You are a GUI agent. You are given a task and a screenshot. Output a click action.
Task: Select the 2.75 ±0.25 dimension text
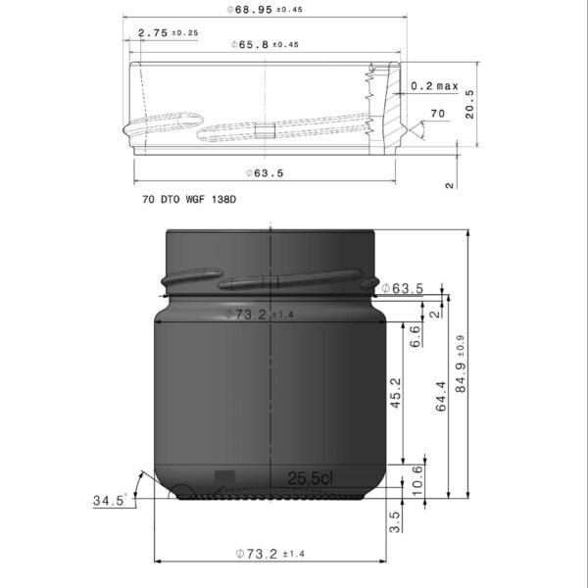[x=168, y=32]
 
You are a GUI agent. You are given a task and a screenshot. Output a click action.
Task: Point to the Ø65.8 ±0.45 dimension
[x=265, y=45]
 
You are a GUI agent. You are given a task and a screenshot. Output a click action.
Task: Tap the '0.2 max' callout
[x=434, y=86]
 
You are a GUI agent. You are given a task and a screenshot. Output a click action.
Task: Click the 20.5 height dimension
[x=470, y=104]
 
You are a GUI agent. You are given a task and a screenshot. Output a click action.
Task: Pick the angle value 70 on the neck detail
[x=437, y=115]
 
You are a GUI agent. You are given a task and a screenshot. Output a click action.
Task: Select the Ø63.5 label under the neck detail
[x=265, y=173]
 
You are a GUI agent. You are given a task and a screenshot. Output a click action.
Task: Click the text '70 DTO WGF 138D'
[x=189, y=199]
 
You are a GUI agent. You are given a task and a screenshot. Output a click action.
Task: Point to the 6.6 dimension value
[x=415, y=336]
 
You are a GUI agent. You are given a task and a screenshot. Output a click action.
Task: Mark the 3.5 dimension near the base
[x=395, y=520]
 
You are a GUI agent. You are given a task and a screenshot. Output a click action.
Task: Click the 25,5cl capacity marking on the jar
[x=310, y=478]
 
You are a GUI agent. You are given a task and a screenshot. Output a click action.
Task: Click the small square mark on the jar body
[x=224, y=477]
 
